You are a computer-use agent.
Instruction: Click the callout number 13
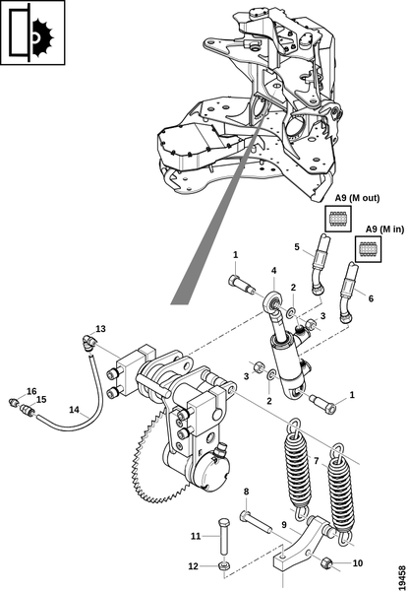click(x=100, y=329)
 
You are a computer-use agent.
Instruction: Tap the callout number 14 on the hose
click(x=74, y=410)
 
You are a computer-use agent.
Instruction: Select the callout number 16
click(x=31, y=391)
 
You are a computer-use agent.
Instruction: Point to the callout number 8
click(x=246, y=492)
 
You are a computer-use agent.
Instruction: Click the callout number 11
click(x=196, y=536)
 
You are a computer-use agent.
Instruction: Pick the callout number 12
click(x=193, y=566)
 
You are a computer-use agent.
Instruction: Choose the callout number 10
click(x=358, y=563)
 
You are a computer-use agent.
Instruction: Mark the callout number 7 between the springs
click(x=316, y=461)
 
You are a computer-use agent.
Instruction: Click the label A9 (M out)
click(x=358, y=198)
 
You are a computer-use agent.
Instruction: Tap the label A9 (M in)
click(x=385, y=229)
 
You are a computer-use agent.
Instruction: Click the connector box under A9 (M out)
click(x=338, y=219)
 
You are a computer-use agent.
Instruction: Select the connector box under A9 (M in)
click(x=368, y=249)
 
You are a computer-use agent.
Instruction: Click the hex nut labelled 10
click(x=325, y=563)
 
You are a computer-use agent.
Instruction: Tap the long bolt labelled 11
click(x=223, y=536)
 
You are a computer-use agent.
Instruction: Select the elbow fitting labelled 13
click(x=88, y=341)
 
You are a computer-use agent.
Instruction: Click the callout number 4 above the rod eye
click(x=274, y=271)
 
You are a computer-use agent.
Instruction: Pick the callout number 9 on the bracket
click(x=284, y=524)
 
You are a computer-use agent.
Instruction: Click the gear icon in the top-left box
click(x=41, y=36)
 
